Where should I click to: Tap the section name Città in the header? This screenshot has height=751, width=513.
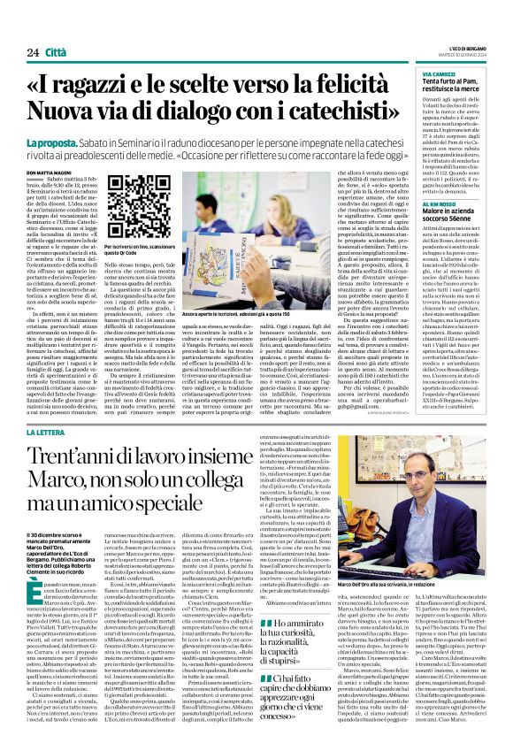56,29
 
